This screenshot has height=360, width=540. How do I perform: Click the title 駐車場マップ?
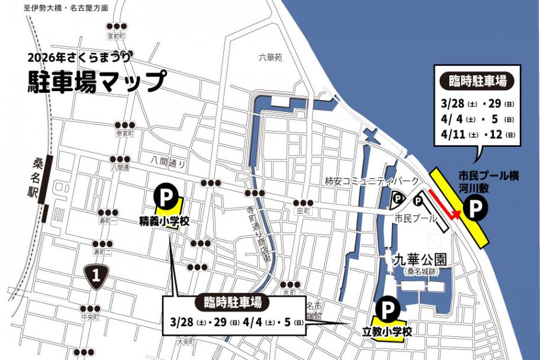point(97,81)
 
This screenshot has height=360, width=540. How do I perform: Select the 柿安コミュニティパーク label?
point(371,181)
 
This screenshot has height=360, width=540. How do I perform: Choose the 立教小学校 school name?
point(387,330)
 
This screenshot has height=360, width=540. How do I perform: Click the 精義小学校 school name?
point(164,221)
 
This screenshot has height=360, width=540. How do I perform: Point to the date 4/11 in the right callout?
point(452,134)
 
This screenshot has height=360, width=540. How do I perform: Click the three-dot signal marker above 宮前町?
point(117,26)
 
